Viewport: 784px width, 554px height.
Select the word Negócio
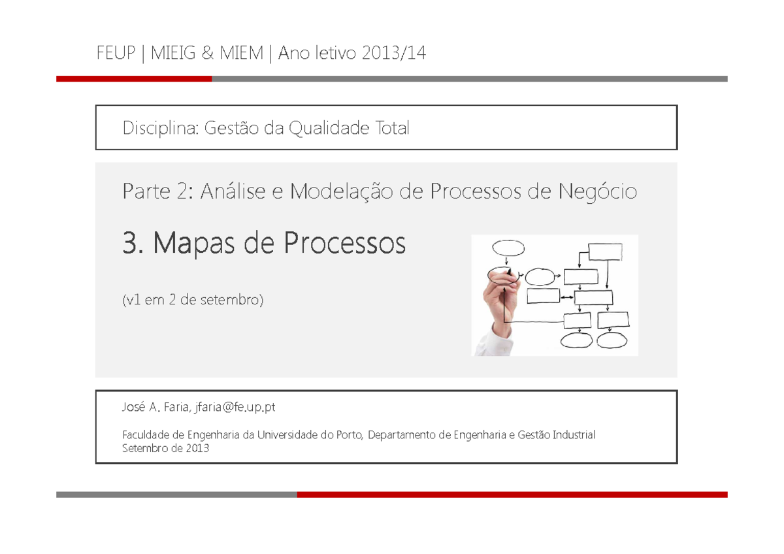click(598, 192)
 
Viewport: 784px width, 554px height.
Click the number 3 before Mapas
click(131, 244)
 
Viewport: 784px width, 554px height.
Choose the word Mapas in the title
click(193, 244)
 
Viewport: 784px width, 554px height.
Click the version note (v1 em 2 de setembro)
click(193, 301)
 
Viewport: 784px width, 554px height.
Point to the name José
click(133, 408)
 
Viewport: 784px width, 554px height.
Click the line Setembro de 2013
click(166, 448)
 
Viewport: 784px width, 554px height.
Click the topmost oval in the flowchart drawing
click(508, 248)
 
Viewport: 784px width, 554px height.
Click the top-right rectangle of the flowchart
click(605, 252)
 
